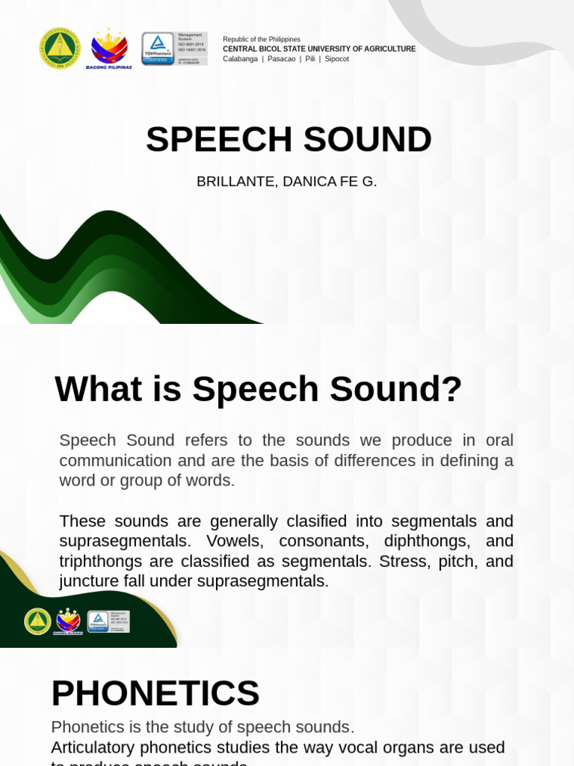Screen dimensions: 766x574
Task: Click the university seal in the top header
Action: (x=59, y=49)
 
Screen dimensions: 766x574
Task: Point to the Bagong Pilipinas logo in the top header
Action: (x=109, y=49)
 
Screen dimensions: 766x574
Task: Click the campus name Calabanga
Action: (x=240, y=59)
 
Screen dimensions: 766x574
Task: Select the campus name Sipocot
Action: (x=337, y=59)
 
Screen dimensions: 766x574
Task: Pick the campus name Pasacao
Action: (x=281, y=59)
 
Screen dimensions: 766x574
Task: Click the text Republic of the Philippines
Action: (x=262, y=39)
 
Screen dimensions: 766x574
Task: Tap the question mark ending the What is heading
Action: (x=453, y=390)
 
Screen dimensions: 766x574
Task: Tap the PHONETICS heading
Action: (x=155, y=693)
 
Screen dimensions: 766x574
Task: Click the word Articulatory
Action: (x=93, y=747)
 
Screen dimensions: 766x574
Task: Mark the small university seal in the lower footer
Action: (x=37, y=622)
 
